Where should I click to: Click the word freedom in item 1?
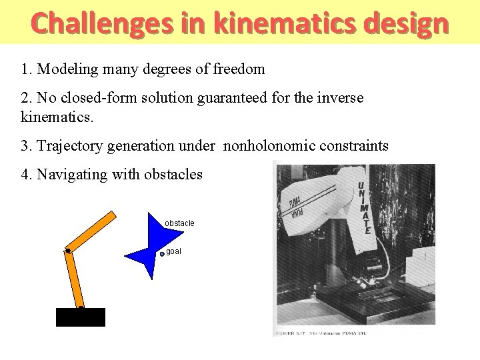(x=239, y=69)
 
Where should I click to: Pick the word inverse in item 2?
(x=341, y=98)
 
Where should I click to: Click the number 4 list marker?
(x=25, y=175)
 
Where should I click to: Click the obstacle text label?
(x=179, y=223)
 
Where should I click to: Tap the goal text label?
(x=173, y=251)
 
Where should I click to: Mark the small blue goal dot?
(x=162, y=254)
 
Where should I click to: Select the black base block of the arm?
(x=81, y=317)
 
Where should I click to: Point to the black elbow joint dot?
(x=68, y=251)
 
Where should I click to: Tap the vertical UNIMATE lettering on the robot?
(x=364, y=207)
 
